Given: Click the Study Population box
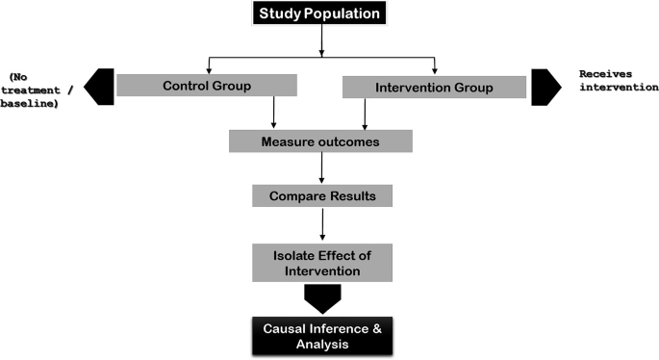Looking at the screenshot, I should pos(321,14).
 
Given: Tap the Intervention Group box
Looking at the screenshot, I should pos(434,89).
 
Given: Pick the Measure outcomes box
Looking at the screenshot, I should pos(320,141).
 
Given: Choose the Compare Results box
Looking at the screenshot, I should pos(320,195).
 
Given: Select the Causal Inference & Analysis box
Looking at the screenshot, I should pos(319,335).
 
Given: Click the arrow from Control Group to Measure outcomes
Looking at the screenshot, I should pos(275,113).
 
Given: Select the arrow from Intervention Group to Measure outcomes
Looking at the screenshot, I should pos(365,114).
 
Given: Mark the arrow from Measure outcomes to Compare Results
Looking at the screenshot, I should pos(320,167).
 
